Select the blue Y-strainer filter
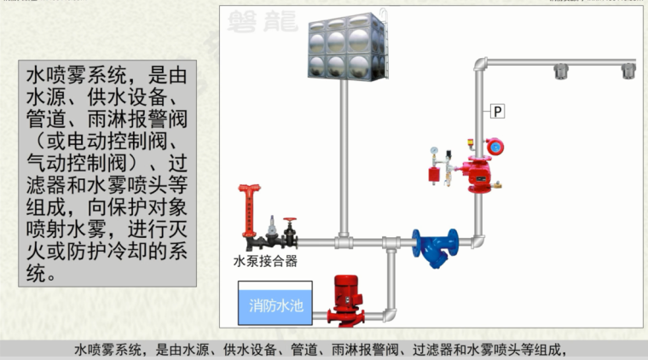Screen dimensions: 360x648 435,245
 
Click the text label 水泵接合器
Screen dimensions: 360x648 265,261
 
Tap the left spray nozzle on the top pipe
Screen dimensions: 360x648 562,72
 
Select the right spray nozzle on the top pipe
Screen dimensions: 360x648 628,72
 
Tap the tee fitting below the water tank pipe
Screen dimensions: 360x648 344,242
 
